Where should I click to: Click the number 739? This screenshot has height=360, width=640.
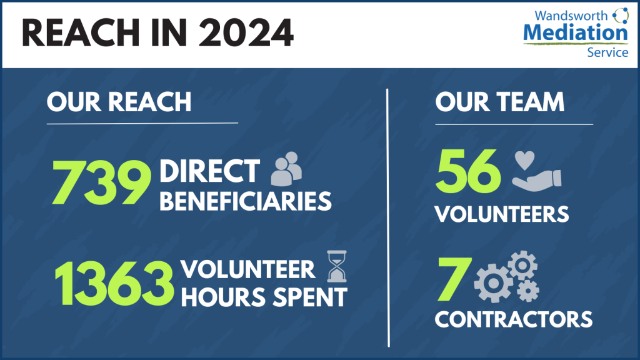pyautogui.click(x=101, y=182)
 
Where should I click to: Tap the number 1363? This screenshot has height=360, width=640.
pyautogui.click(x=114, y=284)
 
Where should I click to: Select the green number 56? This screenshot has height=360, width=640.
pyautogui.click(x=468, y=171)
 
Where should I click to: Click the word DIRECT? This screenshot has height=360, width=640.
pyautogui.click(x=209, y=171)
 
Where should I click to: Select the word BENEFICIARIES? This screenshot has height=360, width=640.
pyautogui.click(x=245, y=201)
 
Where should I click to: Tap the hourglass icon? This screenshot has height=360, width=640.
pyautogui.click(x=337, y=266)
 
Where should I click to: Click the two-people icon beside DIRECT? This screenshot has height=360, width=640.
pyautogui.click(x=286, y=169)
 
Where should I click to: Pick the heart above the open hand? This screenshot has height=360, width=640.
pyautogui.click(x=524, y=160)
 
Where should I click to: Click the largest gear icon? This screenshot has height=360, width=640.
pyautogui.click(x=494, y=283)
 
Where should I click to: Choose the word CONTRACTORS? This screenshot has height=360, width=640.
pyautogui.click(x=514, y=319)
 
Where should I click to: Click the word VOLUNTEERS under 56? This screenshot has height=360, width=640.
pyautogui.click(x=502, y=214)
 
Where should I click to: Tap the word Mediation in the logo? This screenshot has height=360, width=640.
pyautogui.click(x=576, y=32)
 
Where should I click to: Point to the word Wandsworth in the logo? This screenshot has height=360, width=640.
pyautogui.click(x=571, y=16)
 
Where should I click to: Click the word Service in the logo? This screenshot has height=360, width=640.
pyautogui.click(x=607, y=52)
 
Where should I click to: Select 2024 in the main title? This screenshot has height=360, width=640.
pyautogui.click(x=246, y=33)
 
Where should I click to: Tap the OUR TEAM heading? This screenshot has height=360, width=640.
pyautogui.click(x=499, y=102)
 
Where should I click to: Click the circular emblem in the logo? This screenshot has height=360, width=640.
pyautogui.click(x=621, y=16)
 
